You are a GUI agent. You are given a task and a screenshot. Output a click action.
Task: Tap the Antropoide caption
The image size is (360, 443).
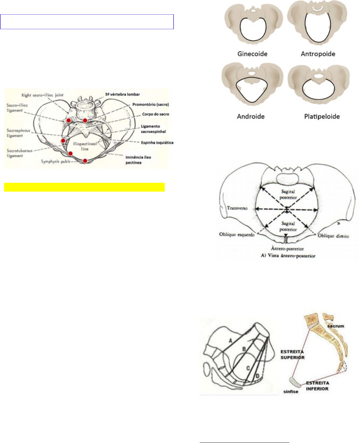tap(318, 54)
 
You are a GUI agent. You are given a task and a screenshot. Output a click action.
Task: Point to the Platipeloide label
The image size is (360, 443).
tap(322, 116)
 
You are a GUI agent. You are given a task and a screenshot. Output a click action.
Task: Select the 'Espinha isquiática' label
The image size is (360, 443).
tap(157, 143)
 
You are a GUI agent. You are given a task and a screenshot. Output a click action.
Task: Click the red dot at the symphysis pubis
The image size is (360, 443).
tap(85, 161)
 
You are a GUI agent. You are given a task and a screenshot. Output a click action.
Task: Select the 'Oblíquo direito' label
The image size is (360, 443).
tap(333, 236)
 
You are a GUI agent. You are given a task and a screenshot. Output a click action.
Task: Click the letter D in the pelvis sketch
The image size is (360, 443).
tap(257, 375)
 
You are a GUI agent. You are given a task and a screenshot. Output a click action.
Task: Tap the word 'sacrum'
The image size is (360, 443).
tap(336, 326)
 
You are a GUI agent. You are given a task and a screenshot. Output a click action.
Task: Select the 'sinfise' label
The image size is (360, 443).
tap(290, 391)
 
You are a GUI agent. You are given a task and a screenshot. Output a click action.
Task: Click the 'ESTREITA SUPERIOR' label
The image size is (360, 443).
tap(292, 355)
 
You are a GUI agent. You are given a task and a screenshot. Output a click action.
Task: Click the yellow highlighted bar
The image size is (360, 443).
tap(84, 187)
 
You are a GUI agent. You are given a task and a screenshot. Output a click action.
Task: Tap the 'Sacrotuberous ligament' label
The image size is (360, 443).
tap(19, 153)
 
